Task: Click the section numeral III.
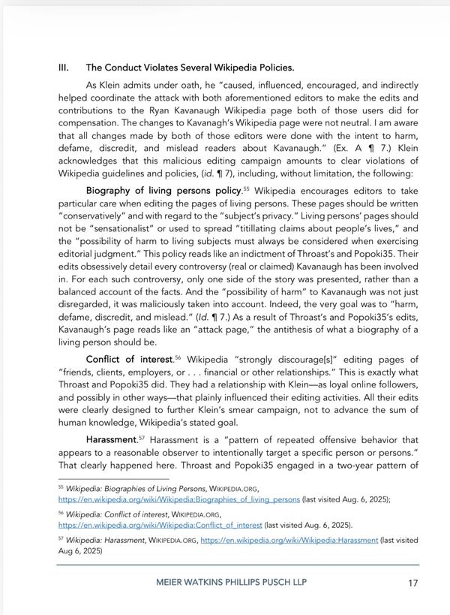click(x=64, y=67)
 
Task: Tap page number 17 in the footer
click(x=412, y=582)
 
